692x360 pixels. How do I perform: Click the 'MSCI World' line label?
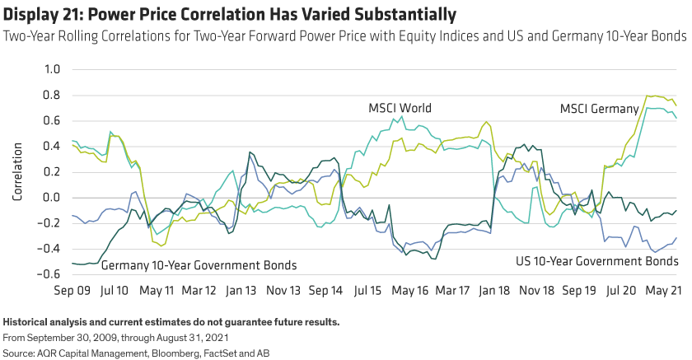tap(400, 109)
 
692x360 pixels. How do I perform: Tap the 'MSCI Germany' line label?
tap(598, 109)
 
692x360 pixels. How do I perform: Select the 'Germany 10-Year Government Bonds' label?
tap(199, 264)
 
